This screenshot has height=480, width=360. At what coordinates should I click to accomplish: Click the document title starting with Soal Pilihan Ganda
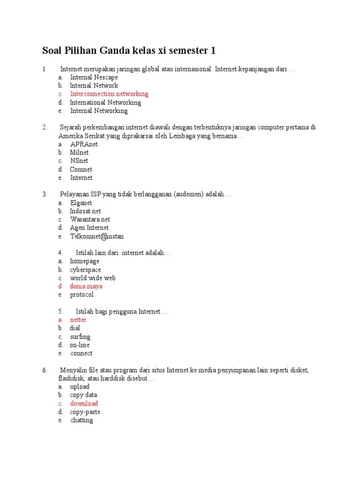(x=129, y=51)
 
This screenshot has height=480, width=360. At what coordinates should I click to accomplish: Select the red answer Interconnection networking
(x=109, y=94)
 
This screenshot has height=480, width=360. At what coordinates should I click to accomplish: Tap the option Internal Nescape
(x=94, y=77)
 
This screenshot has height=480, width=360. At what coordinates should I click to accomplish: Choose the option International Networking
(x=105, y=102)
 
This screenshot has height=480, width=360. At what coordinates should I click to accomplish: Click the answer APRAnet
(x=84, y=144)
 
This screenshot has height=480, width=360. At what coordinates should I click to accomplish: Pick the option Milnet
(x=79, y=152)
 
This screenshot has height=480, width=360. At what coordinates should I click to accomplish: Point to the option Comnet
(x=81, y=169)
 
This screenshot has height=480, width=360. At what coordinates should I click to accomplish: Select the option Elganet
(x=81, y=203)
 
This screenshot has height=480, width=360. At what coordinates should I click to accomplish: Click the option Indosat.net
(x=85, y=211)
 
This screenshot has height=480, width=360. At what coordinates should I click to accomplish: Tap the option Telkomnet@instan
(x=97, y=236)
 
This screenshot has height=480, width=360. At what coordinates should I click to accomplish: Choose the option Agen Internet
(x=90, y=228)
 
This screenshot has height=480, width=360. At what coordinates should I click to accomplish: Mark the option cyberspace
(x=85, y=270)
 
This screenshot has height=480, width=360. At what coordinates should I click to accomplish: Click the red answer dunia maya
(x=86, y=286)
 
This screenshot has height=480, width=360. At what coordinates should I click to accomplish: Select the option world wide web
(x=93, y=278)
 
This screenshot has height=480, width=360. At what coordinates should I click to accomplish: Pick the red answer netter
(x=78, y=320)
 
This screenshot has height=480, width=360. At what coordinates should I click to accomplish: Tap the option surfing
(x=80, y=337)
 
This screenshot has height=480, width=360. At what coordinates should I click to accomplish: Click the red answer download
(x=84, y=404)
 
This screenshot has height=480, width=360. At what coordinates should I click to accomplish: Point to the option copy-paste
(x=85, y=412)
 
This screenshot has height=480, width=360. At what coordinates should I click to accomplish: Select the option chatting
(x=82, y=420)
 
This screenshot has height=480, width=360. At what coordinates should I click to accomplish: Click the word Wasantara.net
(x=90, y=219)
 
